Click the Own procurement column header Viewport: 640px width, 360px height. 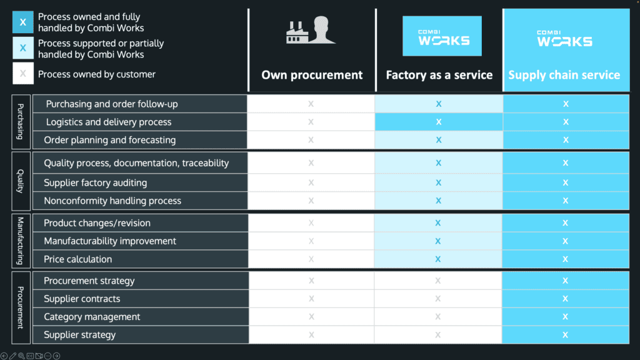point(312,75)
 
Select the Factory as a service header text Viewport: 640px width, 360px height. point(439,75)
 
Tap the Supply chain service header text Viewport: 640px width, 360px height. point(564,75)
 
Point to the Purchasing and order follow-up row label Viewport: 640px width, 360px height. point(111,104)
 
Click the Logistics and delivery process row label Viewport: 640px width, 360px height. point(108,122)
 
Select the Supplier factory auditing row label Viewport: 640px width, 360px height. point(95,182)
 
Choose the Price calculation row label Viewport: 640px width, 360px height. point(77,259)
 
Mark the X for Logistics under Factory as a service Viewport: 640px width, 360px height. point(439,122)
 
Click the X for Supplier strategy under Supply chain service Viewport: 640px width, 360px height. point(565,335)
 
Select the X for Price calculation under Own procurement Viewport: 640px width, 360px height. point(311,259)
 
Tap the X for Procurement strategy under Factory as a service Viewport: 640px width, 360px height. point(438,281)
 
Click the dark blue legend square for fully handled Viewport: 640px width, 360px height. point(23,22)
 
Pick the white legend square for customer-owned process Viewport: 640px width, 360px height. point(23,74)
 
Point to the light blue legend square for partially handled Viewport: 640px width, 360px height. point(23,48)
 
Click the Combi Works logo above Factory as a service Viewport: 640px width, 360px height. point(442,36)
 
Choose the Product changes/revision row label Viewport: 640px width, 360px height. point(97,223)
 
